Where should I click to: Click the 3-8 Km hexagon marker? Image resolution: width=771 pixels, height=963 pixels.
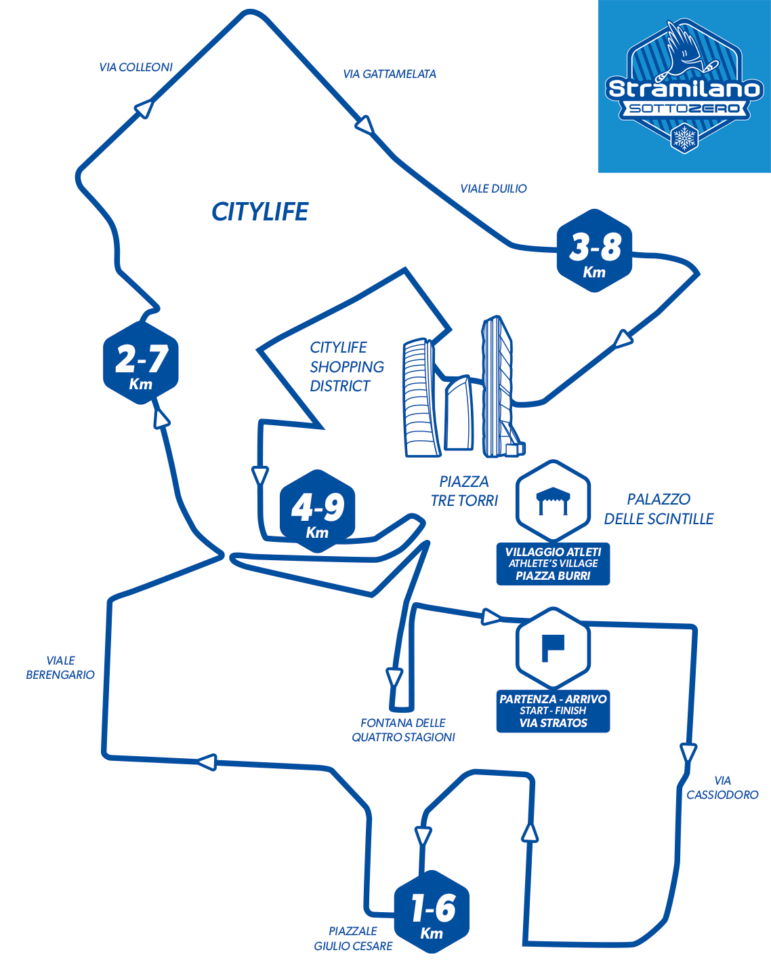click(x=594, y=250)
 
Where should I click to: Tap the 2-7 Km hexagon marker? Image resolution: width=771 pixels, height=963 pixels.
click(x=140, y=363)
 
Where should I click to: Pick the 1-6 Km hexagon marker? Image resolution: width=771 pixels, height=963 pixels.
click(x=432, y=911)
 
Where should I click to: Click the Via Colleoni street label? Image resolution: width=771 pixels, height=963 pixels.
click(x=136, y=67)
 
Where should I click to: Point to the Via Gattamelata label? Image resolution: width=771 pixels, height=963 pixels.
click(x=390, y=74)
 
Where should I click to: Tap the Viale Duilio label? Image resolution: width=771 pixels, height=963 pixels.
click(x=493, y=189)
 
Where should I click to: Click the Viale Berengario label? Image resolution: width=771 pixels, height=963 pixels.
click(x=60, y=667)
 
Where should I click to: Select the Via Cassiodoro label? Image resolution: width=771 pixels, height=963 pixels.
click(x=722, y=787)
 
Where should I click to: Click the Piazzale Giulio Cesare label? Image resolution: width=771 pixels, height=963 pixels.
click(x=353, y=939)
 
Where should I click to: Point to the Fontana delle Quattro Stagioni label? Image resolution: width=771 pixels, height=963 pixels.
click(x=403, y=730)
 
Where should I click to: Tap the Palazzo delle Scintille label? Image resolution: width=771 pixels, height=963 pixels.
click(x=659, y=509)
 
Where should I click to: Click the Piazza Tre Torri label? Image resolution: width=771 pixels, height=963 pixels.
click(x=464, y=491)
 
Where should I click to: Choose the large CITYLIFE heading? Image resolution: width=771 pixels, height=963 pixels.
click(x=259, y=212)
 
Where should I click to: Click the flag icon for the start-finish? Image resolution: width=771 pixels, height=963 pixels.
click(x=553, y=648)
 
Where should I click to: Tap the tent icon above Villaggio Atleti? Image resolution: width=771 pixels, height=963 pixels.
click(x=553, y=501)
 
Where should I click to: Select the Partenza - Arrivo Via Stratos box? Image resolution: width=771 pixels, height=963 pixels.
click(x=553, y=711)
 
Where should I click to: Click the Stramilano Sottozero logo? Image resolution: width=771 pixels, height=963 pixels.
click(x=684, y=87)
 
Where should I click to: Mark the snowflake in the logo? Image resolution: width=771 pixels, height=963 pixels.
click(x=684, y=138)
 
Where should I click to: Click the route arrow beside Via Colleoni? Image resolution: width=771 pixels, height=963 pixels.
click(x=144, y=108)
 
